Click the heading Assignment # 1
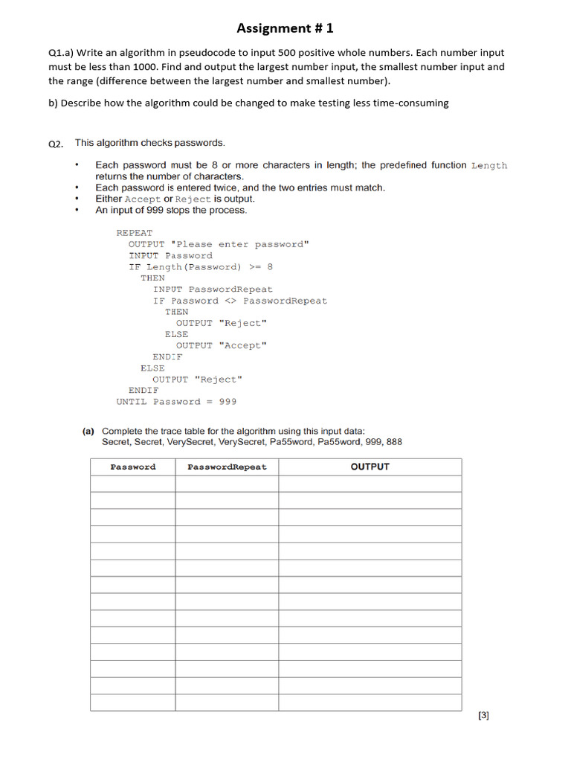(x=285, y=28)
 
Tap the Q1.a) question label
(x=60, y=53)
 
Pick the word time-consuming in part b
(x=413, y=103)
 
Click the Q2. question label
(x=57, y=144)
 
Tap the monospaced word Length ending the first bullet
(x=488, y=165)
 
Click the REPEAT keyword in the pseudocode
(x=134, y=233)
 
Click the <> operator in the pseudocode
(x=230, y=301)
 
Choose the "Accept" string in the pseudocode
(x=242, y=345)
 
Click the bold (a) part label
(x=88, y=431)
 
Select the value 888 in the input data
(x=394, y=442)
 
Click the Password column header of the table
(x=133, y=467)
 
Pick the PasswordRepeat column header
(x=227, y=467)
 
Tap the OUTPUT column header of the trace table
(x=370, y=467)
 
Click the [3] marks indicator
(x=483, y=716)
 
